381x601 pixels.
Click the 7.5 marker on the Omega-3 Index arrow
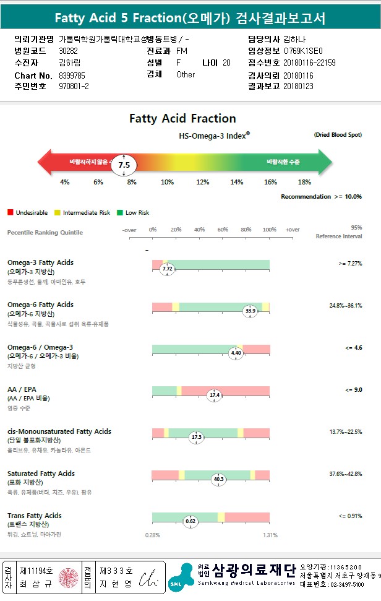(124, 165)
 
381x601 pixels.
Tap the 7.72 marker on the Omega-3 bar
(167, 269)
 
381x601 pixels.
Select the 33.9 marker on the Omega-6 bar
(250, 311)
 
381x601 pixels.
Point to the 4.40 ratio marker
(236, 353)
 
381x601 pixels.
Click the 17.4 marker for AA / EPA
(215, 395)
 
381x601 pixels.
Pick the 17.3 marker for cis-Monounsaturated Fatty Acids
(197, 437)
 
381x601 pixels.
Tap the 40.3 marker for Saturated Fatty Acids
(218, 479)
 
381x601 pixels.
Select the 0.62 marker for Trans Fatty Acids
(191, 522)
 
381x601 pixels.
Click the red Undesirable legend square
(11, 213)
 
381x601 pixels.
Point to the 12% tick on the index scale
(202, 182)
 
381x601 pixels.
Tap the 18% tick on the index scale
(304, 182)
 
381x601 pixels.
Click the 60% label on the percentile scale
(223, 230)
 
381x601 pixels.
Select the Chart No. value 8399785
(73, 75)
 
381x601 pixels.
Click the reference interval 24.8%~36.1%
(345, 305)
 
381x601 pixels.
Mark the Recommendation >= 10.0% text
(321, 197)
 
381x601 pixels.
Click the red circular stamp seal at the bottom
(68, 577)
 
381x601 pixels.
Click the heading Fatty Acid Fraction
(182, 118)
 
